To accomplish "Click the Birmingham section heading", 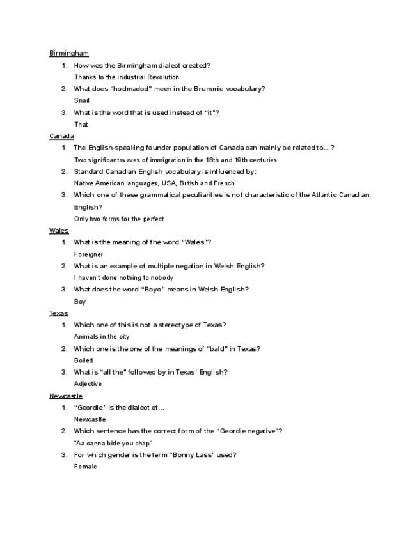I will coord(68,53).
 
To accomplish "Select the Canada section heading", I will coord(61,136).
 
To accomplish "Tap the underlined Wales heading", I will coord(59,230).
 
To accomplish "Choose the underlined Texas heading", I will coord(59,313).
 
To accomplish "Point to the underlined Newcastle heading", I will coord(66,396).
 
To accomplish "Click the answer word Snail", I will coord(82,100).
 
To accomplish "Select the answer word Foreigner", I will coord(88,254).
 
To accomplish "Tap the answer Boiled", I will coord(84,360).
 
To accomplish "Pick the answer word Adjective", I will coord(88,384).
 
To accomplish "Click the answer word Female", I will coord(86,467).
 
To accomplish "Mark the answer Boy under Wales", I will coord(80,302).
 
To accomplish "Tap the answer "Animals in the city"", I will coord(102,337).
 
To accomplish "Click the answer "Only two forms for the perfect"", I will coord(119,219).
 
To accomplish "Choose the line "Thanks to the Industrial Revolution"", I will coord(127,77).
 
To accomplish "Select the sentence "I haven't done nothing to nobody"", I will coord(123,278).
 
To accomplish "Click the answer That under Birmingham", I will coord(81,124).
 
